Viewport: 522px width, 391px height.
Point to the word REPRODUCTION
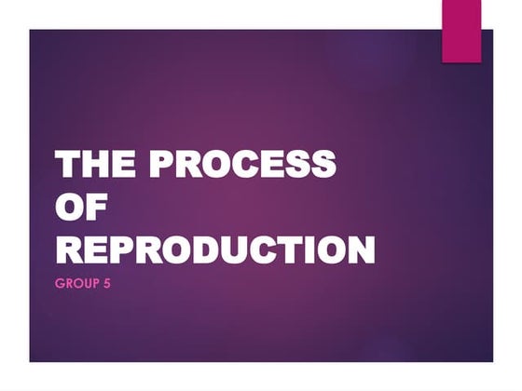(215, 249)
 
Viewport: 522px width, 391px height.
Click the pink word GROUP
(76, 282)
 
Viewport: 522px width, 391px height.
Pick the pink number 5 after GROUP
(107, 282)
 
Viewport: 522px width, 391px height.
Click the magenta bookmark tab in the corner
(461, 32)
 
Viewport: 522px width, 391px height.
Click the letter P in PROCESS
(164, 164)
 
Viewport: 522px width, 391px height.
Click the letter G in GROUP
(60, 282)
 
